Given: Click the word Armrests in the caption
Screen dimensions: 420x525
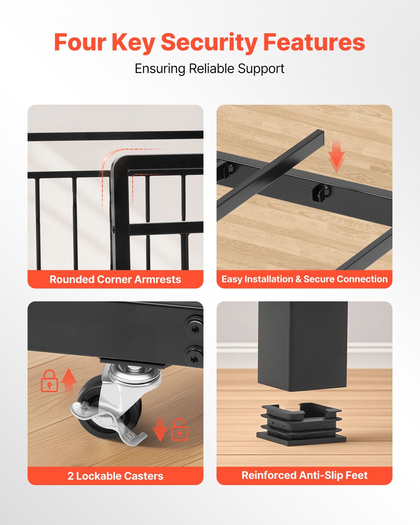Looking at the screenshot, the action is (x=158, y=279).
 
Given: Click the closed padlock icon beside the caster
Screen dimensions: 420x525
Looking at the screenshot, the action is (x=49, y=381).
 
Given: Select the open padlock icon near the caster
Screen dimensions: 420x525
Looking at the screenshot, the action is (x=180, y=429).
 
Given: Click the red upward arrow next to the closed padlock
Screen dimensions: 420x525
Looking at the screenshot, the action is (x=69, y=381).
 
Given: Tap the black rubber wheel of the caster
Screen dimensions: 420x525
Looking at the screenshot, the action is (x=102, y=407).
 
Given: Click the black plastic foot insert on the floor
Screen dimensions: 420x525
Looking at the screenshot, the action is (x=301, y=425).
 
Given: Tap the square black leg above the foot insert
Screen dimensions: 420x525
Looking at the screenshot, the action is (x=303, y=346).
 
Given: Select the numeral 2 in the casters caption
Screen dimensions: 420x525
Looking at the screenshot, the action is (x=70, y=476).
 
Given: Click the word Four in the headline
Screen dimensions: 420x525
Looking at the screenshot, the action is (x=80, y=42).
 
